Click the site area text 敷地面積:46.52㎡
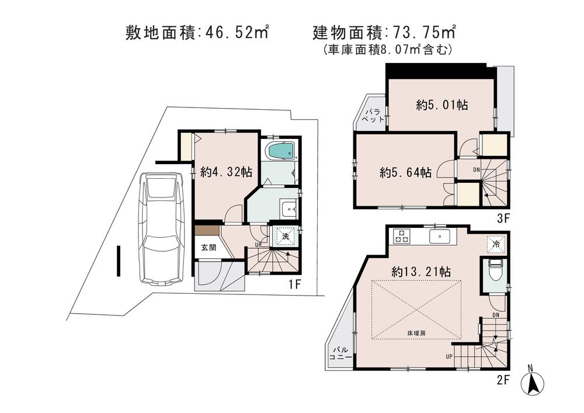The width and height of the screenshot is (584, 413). pyautogui.click(x=197, y=32)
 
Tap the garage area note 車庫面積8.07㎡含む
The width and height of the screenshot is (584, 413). pyautogui.click(x=387, y=50)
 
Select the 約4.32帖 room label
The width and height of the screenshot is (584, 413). pyautogui.click(x=226, y=172)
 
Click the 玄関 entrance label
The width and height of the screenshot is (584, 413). pyautogui.click(x=208, y=247)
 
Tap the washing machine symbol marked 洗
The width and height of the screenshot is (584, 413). pyautogui.click(x=286, y=237)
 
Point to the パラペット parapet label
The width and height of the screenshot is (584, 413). pyautogui.click(x=373, y=114)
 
